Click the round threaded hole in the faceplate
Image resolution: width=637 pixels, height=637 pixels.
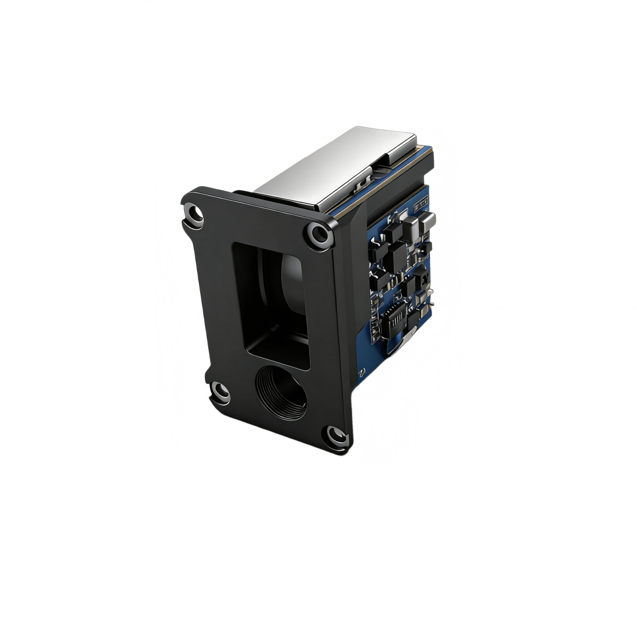pos(281,391)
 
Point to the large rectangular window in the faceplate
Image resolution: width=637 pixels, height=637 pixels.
pos(271,305)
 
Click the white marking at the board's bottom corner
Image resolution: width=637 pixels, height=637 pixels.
pos(361,372)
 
